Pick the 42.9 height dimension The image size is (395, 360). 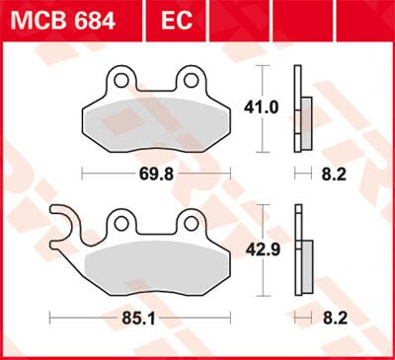260,251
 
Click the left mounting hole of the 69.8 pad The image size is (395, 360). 119,76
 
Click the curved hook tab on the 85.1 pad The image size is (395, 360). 61,219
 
